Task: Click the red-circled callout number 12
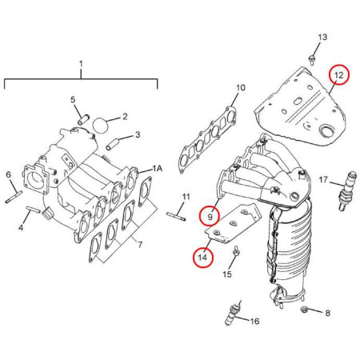click(x=338, y=74)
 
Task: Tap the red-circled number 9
click(x=210, y=216)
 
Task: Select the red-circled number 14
click(x=202, y=258)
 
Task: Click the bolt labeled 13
click(x=311, y=60)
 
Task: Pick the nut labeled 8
click(x=303, y=310)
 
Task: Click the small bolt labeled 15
click(x=236, y=251)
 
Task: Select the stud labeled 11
click(x=176, y=216)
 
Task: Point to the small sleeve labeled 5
click(x=82, y=118)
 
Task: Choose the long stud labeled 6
click(x=14, y=197)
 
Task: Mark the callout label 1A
click(x=158, y=168)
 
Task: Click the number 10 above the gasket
click(x=241, y=87)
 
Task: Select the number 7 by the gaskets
click(x=140, y=244)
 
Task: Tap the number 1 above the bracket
click(x=81, y=64)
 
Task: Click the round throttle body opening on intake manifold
click(x=35, y=178)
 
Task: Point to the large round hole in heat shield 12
click(x=326, y=131)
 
